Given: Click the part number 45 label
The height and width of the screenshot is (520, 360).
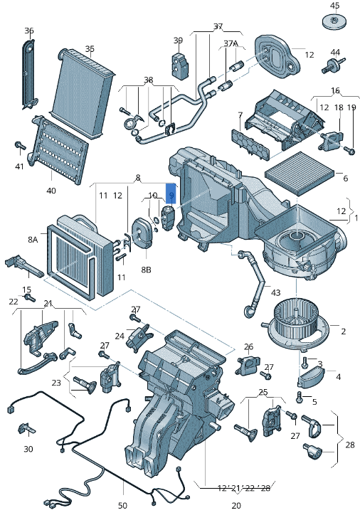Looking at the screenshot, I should point(335,6).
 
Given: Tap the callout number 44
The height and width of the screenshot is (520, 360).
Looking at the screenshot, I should point(335,52).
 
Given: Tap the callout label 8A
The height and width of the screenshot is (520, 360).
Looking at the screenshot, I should point(33,240).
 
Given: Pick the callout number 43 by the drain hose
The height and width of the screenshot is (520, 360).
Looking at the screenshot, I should point(275,293).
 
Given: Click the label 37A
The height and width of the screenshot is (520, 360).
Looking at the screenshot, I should point(231,43).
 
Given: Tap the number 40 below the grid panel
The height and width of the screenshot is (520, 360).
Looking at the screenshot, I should point(51,190).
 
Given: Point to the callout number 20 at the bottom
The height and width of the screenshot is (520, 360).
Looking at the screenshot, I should point(235,505).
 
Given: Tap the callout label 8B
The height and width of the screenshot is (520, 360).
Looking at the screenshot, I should point(146,270).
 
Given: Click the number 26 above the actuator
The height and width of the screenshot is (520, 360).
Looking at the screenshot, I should point(248,347).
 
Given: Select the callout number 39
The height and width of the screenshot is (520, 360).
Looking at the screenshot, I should point(178,41).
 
